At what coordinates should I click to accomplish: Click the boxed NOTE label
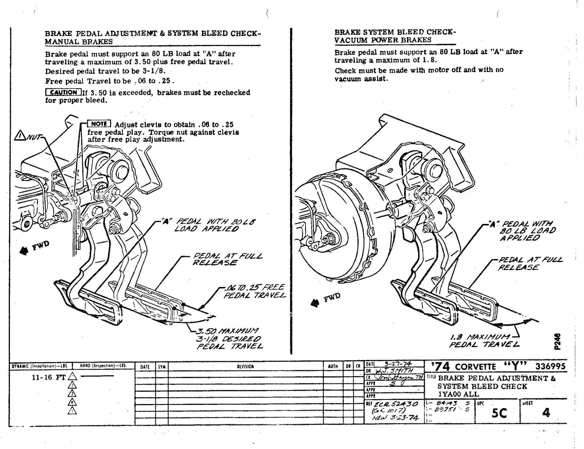(x=99, y=124)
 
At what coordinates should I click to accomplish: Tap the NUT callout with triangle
(x=28, y=136)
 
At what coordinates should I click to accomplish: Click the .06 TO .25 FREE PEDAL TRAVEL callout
(x=254, y=291)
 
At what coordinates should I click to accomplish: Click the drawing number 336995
(x=550, y=366)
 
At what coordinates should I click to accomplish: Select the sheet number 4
(x=546, y=413)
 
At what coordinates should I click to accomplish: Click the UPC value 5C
(x=499, y=413)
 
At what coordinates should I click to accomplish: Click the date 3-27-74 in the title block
(x=398, y=364)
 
